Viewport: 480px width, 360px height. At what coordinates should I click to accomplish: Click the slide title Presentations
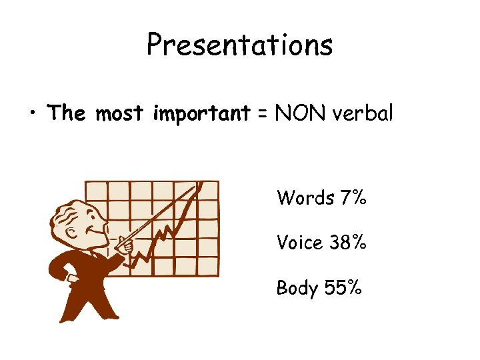239,45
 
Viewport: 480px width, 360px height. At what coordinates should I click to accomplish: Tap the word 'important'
202,115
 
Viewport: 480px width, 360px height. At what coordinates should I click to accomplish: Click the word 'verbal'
363,113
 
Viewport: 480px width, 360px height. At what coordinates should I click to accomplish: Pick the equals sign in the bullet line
263,114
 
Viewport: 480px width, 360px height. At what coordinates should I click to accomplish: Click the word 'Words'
305,197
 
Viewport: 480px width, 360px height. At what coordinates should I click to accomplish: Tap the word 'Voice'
300,243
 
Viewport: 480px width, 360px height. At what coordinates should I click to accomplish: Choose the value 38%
348,243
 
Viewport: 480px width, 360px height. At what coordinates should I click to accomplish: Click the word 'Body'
297,288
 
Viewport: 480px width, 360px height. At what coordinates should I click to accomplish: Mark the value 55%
343,288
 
